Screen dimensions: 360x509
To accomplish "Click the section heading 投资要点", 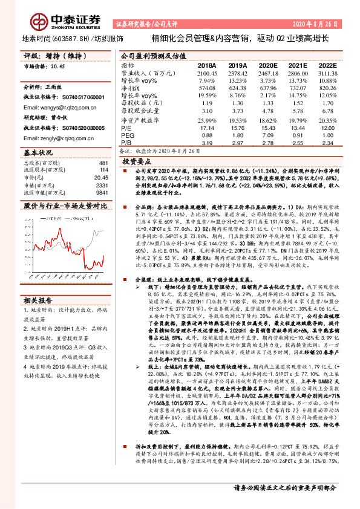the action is (x=136, y=163).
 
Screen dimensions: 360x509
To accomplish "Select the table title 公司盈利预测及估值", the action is (x=148, y=54).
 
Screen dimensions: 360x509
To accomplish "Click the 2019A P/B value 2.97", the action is (x=237, y=143).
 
